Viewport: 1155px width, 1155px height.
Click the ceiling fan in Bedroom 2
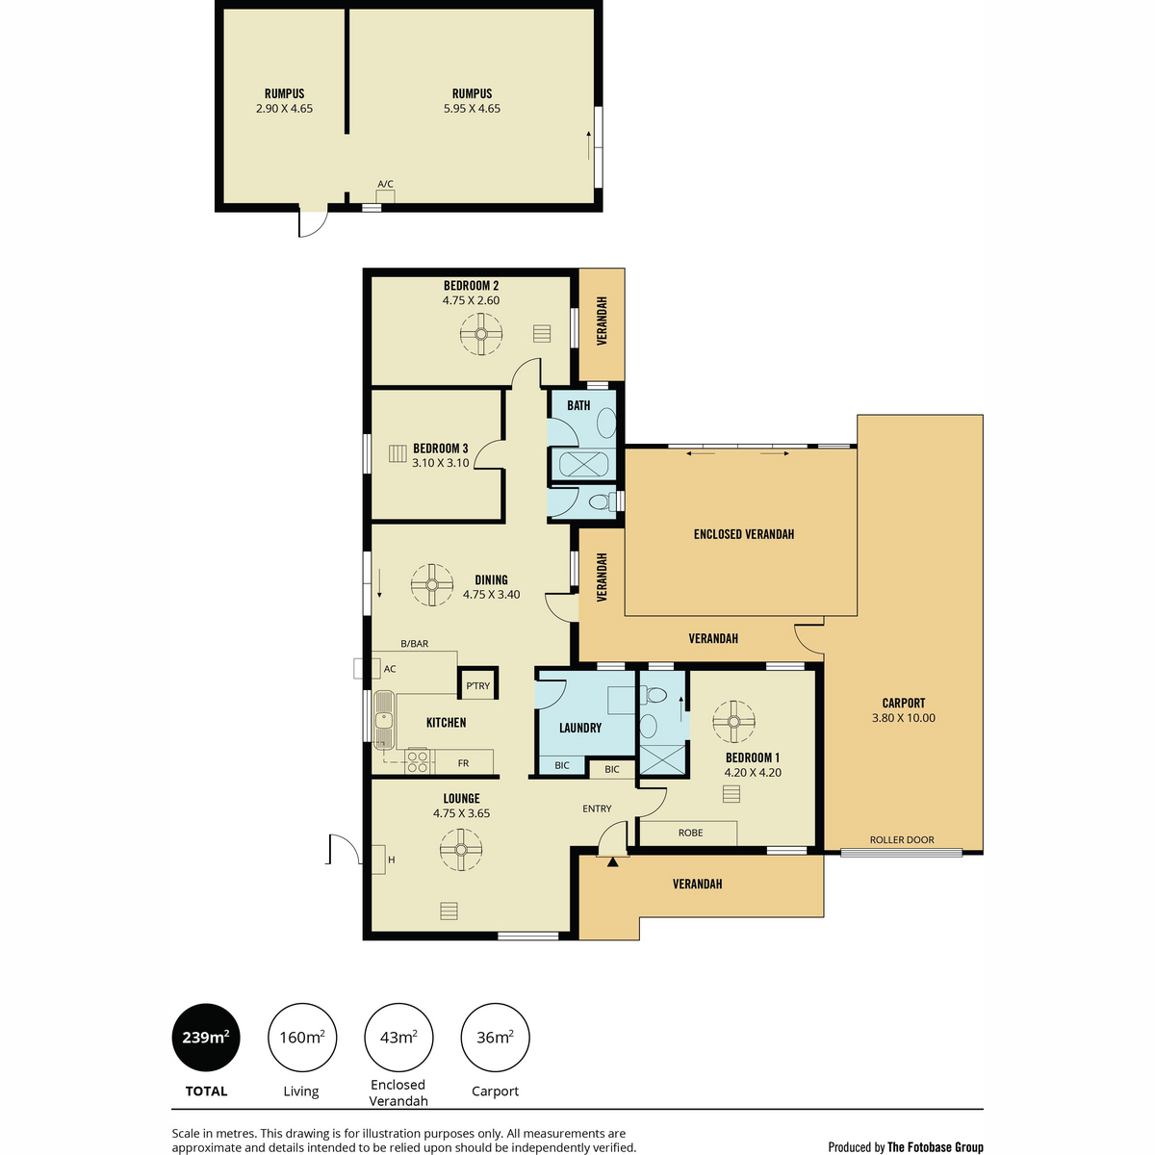pyautogui.click(x=480, y=334)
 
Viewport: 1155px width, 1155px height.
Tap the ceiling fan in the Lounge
pyautogui.click(x=460, y=849)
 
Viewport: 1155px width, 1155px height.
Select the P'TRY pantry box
pyautogui.click(x=477, y=682)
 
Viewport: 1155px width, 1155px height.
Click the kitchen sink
pyautogui.click(x=384, y=720)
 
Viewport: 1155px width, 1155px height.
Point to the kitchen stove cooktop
pyautogui.click(x=417, y=761)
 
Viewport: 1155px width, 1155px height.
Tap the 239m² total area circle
pyautogui.click(x=206, y=1037)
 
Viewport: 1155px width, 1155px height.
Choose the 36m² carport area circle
pyautogui.click(x=495, y=1037)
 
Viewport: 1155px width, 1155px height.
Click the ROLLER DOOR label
pyautogui.click(x=902, y=839)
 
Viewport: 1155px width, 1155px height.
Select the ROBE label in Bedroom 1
pyautogui.click(x=690, y=833)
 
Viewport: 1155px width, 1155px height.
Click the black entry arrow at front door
pyautogui.click(x=612, y=861)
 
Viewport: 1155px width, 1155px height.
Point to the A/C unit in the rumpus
pyautogui.click(x=385, y=196)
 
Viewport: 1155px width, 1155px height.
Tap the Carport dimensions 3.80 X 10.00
pyautogui.click(x=903, y=718)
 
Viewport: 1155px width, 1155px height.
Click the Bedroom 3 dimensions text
pyautogui.click(x=441, y=463)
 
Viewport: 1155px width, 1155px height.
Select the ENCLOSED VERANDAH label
pyautogui.click(x=743, y=534)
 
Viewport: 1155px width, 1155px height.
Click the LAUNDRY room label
pyautogui.click(x=579, y=728)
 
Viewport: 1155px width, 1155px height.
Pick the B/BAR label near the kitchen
pyautogui.click(x=414, y=644)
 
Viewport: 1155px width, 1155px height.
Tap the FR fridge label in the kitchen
pyautogui.click(x=463, y=763)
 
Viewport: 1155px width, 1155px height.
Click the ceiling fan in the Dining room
pyautogui.click(x=431, y=585)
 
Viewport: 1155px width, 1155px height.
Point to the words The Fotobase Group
pyautogui.click(x=935, y=1146)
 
